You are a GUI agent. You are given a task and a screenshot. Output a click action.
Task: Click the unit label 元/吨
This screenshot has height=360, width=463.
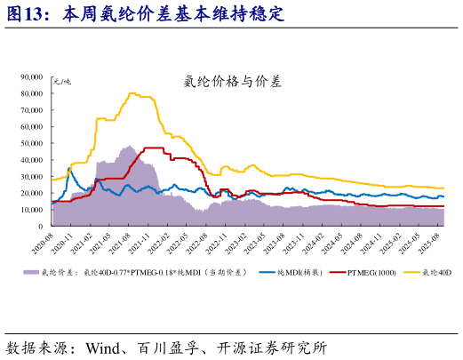tap(62, 82)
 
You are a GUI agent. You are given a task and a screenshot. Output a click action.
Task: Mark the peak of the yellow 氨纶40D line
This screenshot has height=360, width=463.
tap(132, 92)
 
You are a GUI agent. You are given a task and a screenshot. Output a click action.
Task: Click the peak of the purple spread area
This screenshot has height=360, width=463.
tap(129, 146)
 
